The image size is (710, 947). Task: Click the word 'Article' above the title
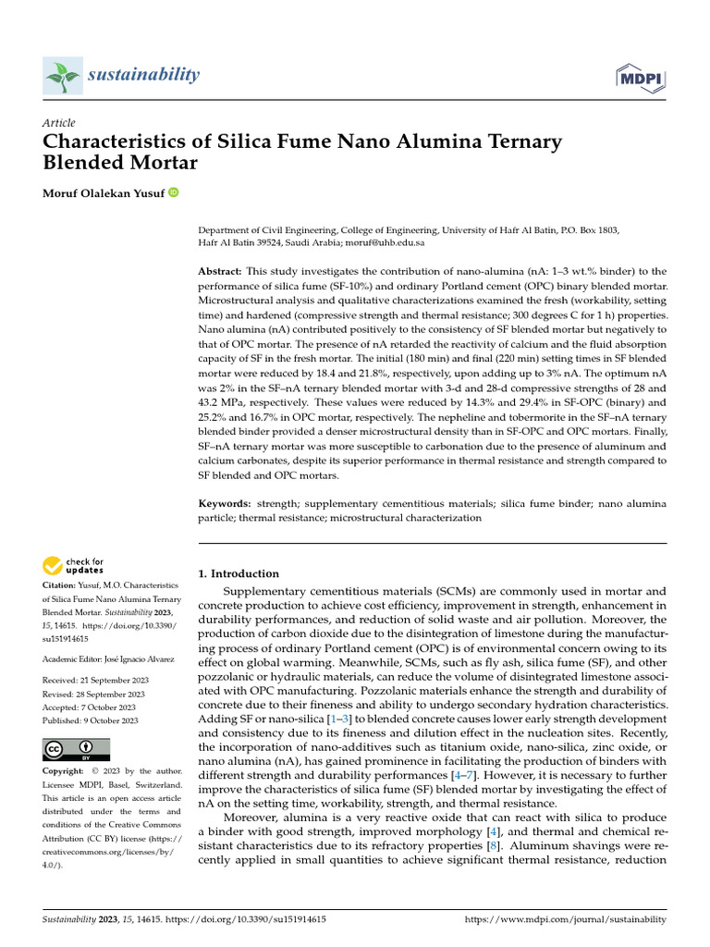coord(58,123)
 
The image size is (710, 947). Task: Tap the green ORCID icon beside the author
coord(173,192)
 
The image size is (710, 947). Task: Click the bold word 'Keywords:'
coord(226,503)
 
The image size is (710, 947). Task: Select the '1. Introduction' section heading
coord(239,573)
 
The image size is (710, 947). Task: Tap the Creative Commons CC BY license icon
coord(77,749)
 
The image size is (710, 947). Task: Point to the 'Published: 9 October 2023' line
coord(90,720)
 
